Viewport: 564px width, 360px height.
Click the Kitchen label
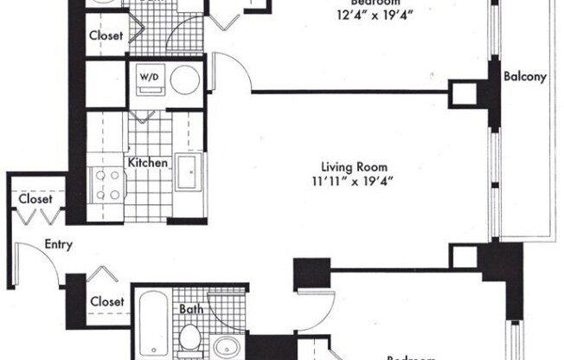[147, 163]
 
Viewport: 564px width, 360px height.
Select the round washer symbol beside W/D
[183, 80]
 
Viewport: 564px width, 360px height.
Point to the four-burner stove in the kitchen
[109, 183]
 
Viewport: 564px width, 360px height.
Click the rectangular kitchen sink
[189, 171]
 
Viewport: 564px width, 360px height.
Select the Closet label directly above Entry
[35, 199]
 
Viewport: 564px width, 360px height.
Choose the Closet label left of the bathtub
[107, 301]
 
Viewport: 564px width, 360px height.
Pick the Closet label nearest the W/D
[106, 36]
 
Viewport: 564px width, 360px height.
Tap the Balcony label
[525, 76]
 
